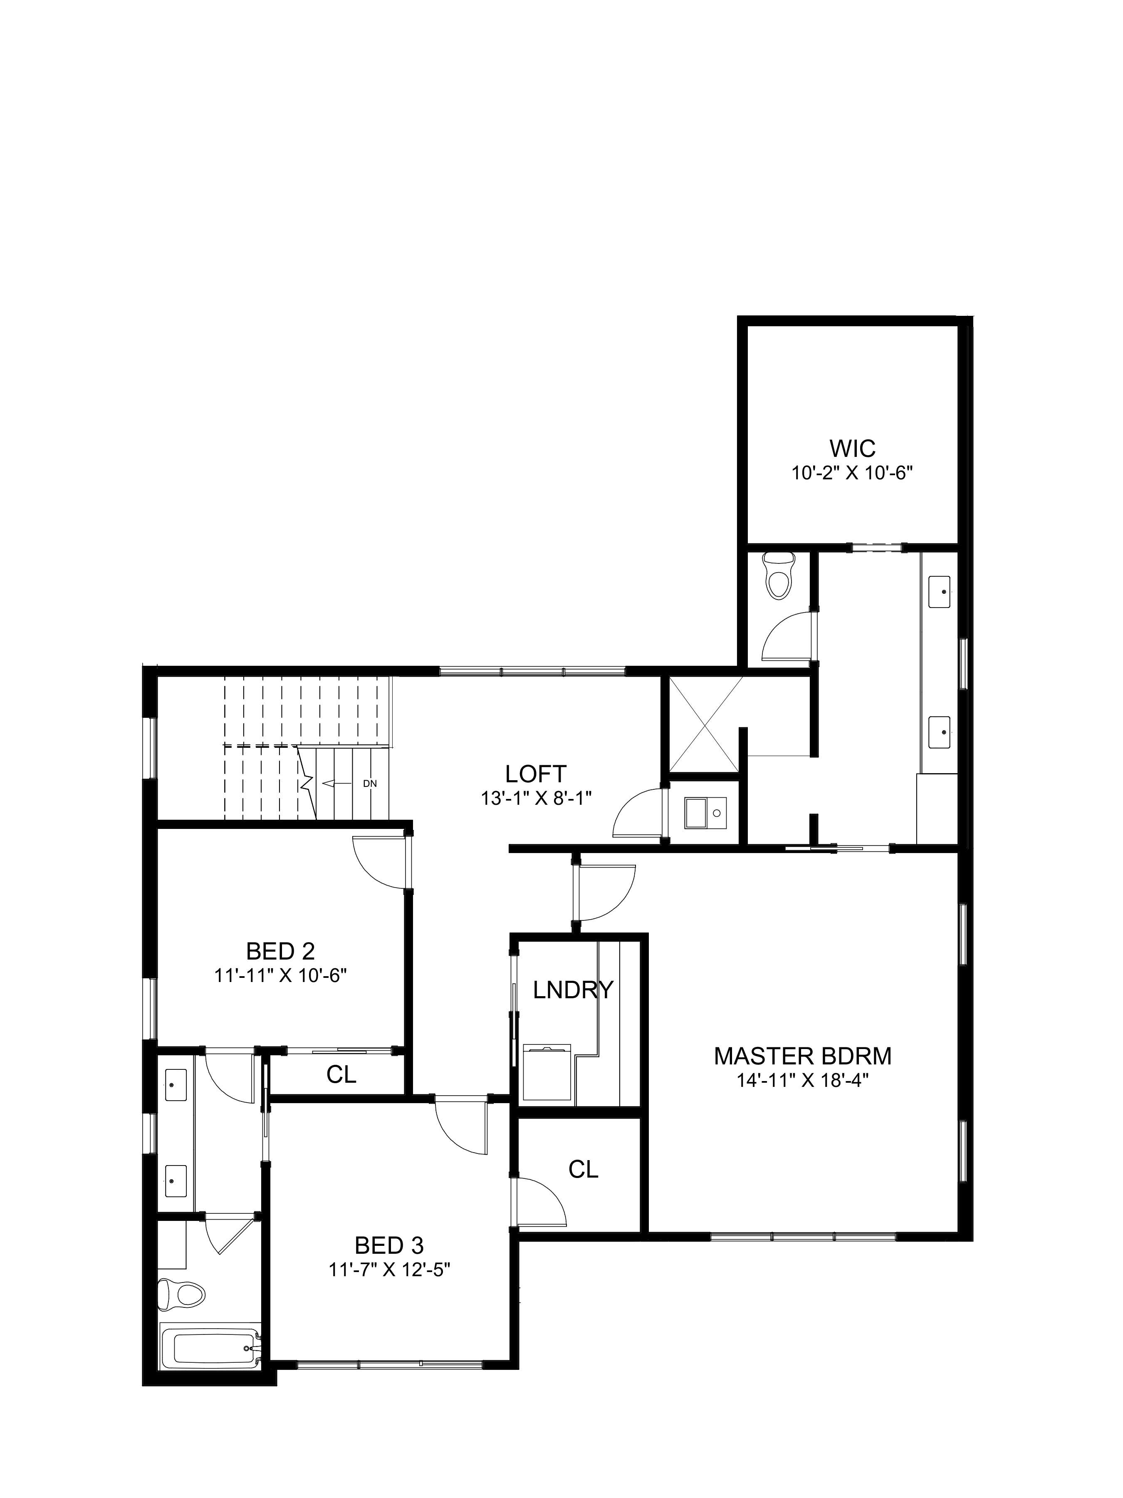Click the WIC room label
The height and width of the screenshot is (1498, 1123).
click(x=852, y=448)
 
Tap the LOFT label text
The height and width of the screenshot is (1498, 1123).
click(x=535, y=774)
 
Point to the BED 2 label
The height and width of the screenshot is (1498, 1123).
click(x=280, y=952)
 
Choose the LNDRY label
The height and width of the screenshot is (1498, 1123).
click(x=573, y=990)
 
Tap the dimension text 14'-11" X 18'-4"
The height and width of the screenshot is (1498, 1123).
click(x=803, y=1080)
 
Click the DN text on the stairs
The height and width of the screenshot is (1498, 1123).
click(x=370, y=784)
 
